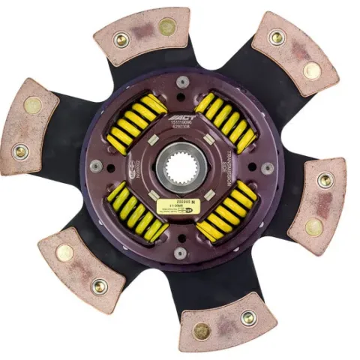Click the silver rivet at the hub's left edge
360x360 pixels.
pos(96,166)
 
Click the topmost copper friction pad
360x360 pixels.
pos(143,35)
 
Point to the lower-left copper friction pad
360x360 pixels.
pos(81,268)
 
